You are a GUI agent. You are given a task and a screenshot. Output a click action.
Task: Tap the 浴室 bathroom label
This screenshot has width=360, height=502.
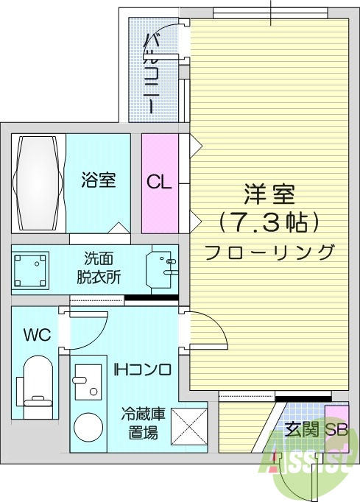[x=98, y=180]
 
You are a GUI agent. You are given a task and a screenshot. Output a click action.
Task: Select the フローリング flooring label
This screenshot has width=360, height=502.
[x=269, y=252]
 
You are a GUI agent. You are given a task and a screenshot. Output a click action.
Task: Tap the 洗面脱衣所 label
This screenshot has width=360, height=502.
[x=99, y=269]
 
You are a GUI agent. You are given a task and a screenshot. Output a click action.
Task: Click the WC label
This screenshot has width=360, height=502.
[x=36, y=335]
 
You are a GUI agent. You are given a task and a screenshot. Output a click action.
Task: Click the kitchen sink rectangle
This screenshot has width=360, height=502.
[x=86, y=382]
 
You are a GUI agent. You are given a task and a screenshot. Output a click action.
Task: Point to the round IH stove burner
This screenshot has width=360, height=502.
[x=89, y=428]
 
